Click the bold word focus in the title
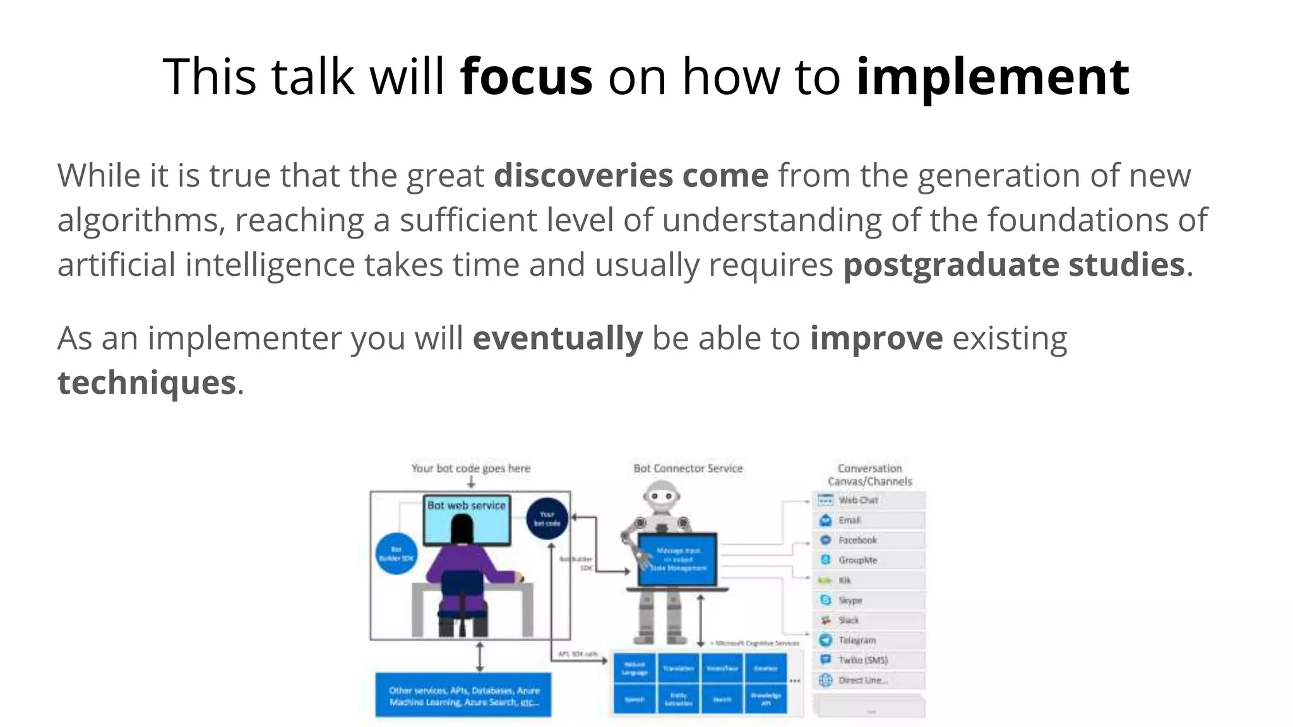[526, 77]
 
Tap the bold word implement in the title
[992, 77]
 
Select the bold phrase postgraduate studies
[1013, 264]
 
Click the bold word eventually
[557, 338]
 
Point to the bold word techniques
[146, 382]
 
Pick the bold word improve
[876, 338]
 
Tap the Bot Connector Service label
[688, 468]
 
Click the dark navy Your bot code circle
[547, 519]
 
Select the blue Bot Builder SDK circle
[396, 554]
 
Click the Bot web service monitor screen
[467, 521]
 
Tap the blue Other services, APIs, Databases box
[463, 695]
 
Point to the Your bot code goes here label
[470, 468]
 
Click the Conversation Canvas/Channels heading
[869, 475]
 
